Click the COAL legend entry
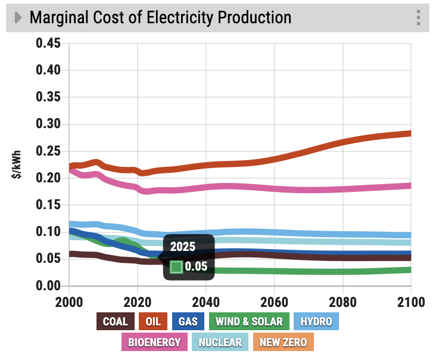coord(115,322)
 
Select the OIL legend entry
coord(153,322)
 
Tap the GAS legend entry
coord(189,322)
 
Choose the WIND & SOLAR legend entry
coord(249,322)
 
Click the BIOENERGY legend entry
coord(155,342)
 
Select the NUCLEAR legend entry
coord(220,342)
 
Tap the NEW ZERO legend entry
coord(283,342)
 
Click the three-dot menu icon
coord(419,17)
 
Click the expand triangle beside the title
coord(18,17)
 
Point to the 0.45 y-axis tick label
coord(49,44)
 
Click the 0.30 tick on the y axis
coord(49,124)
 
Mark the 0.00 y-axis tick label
coord(49,285)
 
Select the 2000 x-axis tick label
coord(70,302)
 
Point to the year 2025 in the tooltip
coord(183,247)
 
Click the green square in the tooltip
coord(176,266)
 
